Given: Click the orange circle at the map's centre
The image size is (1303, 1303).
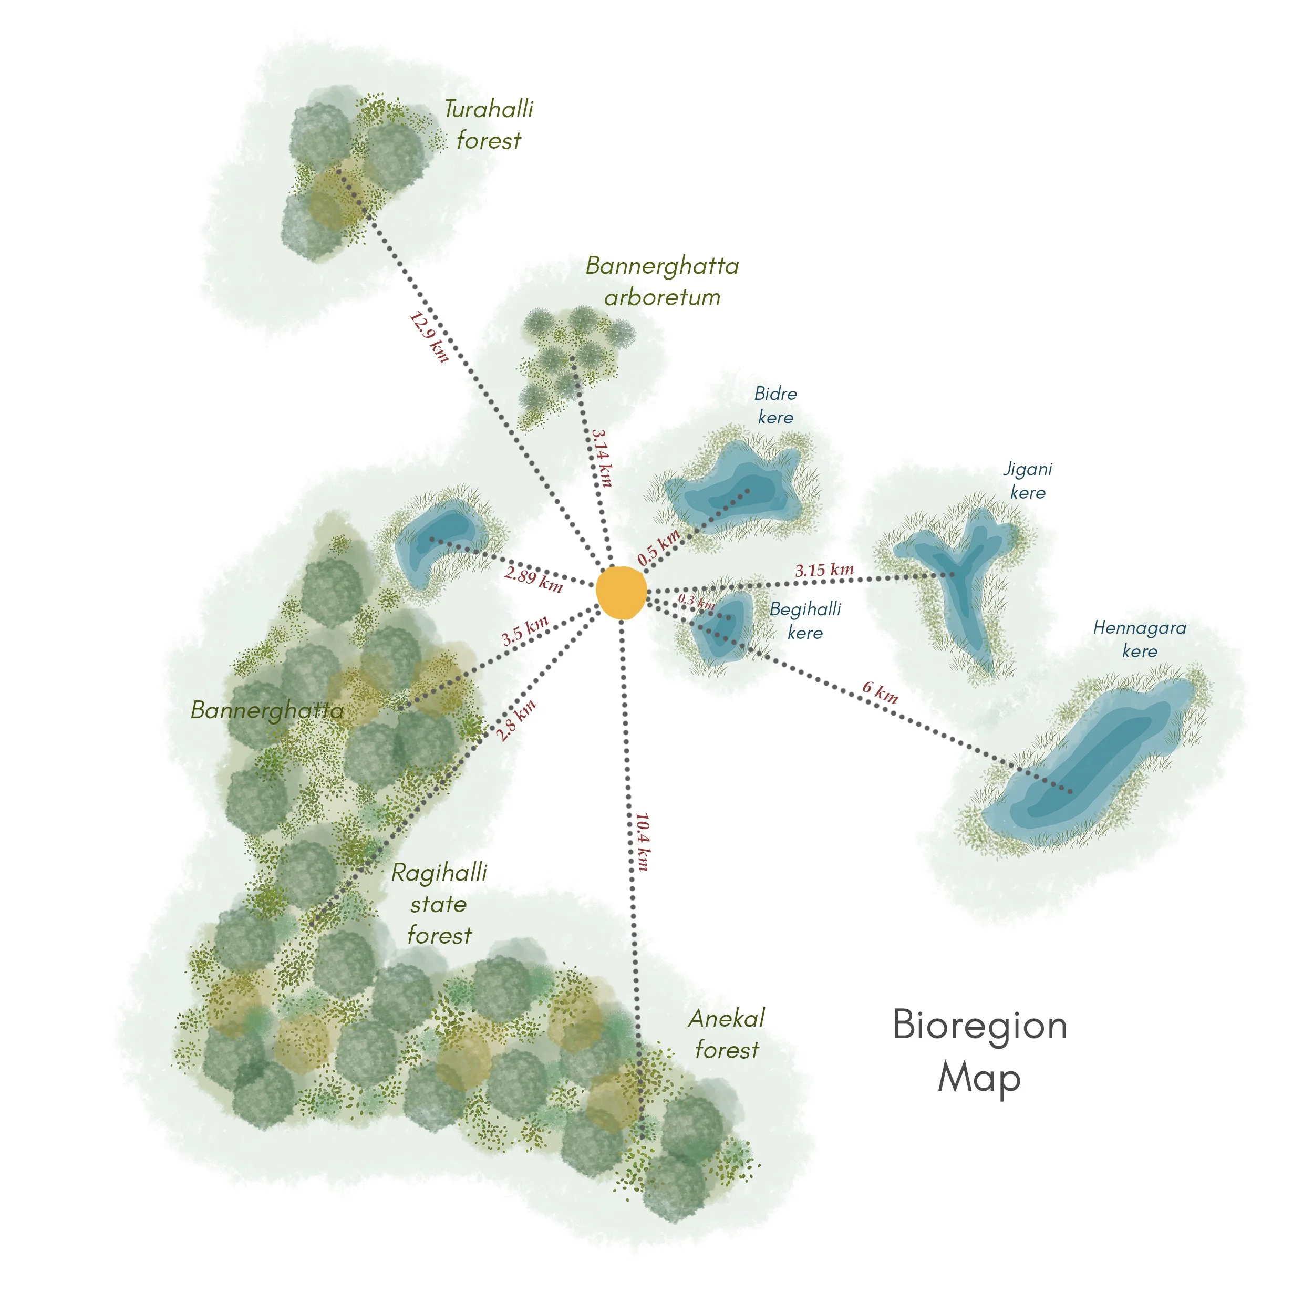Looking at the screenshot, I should (x=621, y=592).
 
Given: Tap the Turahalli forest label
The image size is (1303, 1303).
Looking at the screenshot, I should (x=488, y=125).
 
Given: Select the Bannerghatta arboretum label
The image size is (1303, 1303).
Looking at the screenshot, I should (x=663, y=281).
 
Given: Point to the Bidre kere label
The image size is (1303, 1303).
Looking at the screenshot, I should (x=775, y=405).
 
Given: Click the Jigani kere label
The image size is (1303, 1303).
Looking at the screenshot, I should (x=1027, y=480).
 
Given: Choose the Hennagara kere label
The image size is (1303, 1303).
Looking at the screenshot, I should (x=1139, y=639).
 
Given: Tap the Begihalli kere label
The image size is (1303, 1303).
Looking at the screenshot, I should (x=805, y=621).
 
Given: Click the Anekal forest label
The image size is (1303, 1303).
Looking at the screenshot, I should (x=726, y=1034).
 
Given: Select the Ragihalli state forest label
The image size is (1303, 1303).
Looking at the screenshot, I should (x=439, y=904).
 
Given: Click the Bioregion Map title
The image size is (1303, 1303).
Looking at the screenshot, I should (x=979, y=1051).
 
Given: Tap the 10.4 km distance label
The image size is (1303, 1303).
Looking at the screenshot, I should (x=643, y=842).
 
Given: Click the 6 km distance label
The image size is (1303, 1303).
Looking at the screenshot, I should (x=880, y=692).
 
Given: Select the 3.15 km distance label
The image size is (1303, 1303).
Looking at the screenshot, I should (x=824, y=570).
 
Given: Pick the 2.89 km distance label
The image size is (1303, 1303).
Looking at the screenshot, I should (x=533, y=578).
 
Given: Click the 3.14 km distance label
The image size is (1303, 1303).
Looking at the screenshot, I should (x=602, y=458).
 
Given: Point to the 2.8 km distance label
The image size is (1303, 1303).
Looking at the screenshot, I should (x=516, y=720).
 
